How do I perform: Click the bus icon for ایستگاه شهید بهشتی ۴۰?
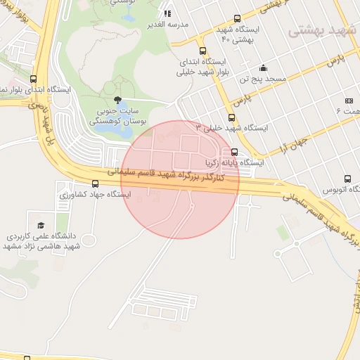[x=237, y=19]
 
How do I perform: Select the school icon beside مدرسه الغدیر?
[x=167, y=13]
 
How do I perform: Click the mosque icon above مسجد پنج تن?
[x=263, y=68]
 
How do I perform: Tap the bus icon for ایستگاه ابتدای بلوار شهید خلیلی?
[x=203, y=51]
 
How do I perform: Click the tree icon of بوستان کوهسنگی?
[x=117, y=100]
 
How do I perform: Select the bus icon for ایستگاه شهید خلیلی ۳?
[x=231, y=117]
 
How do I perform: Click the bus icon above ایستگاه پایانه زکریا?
[x=234, y=152]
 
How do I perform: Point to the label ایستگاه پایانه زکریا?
[x=234, y=162]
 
